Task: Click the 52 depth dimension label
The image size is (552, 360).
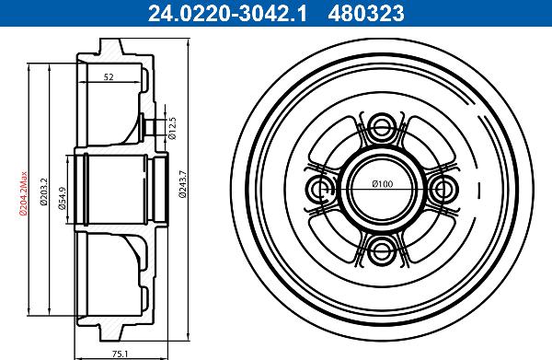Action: [109, 78]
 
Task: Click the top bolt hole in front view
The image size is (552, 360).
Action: [383, 128]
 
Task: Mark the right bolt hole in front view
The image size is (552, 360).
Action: [443, 188]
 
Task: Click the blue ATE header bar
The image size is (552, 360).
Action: [276, 12]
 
